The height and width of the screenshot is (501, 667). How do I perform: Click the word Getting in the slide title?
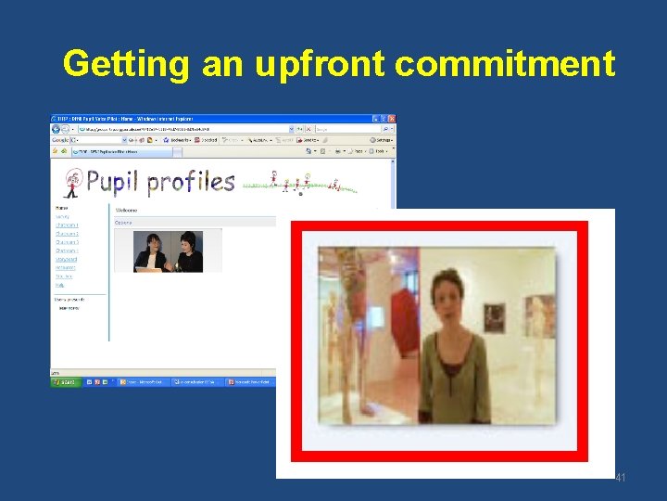pos(126,63)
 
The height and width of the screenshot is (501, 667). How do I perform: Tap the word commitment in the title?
pos(505,63)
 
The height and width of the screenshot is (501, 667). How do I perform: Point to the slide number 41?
pos(621,478)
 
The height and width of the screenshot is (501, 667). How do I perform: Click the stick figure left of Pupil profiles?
pos(71,183)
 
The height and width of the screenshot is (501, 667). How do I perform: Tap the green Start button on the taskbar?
pos(65,381)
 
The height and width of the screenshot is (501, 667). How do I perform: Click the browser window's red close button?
pos(391,119)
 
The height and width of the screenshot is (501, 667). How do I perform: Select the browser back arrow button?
pos(57,129)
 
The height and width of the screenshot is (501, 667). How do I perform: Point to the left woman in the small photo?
pos(150,250)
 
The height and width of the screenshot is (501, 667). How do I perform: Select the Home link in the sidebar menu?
pos(61,208)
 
